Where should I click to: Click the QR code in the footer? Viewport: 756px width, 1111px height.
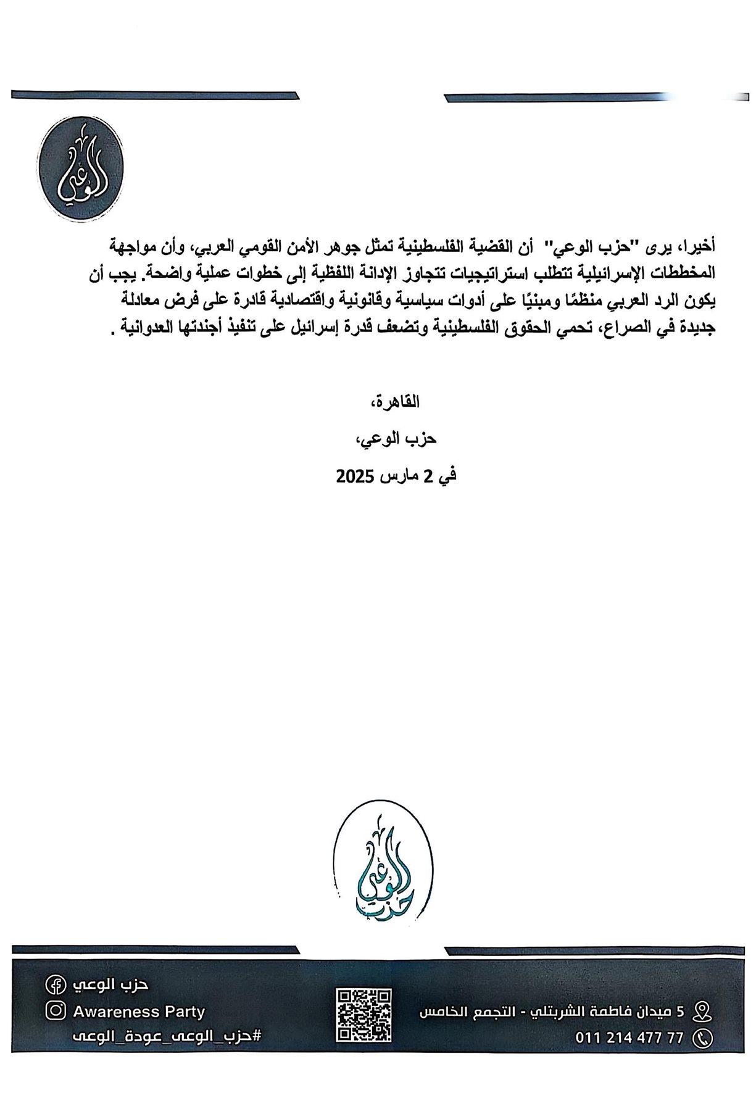(363, 1015)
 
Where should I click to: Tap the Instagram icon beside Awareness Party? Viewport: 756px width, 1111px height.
(55, 1011)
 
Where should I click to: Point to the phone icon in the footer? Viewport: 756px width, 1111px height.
(702, 1038)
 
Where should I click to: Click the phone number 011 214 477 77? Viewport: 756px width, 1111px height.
(629, 1038)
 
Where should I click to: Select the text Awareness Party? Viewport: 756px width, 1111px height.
(139, 1012)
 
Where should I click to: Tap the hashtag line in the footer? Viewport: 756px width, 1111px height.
(167, 1036)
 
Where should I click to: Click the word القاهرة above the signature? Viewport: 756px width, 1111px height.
(401, 402)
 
